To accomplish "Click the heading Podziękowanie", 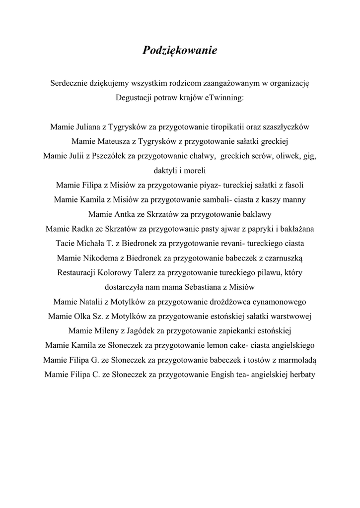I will pos(180,50).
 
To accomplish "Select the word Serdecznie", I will pos(70,83).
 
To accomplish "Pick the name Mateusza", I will pos(112,141).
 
